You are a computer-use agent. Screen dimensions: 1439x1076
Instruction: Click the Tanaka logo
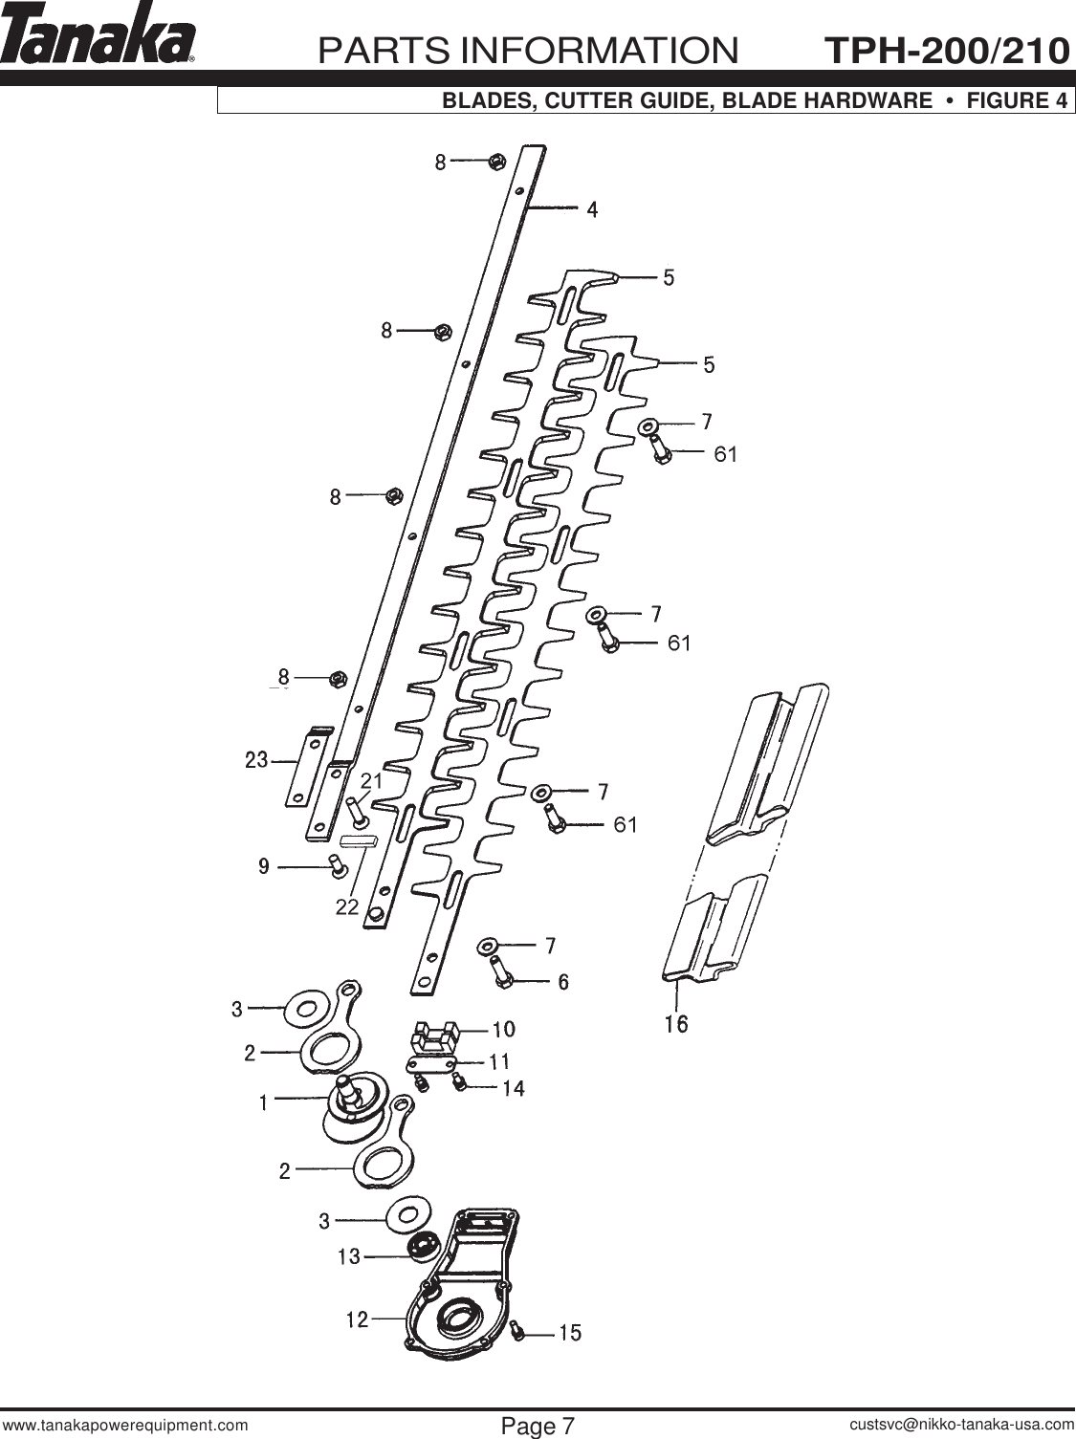[x=99, y=40]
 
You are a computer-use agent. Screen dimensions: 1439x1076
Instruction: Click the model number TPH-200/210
[x=946, y=50]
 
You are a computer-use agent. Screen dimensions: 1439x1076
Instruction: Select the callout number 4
[x=593, y=208]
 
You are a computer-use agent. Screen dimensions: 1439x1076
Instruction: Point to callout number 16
[x=675, y=1024]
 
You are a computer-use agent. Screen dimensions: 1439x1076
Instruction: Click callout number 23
[x=256, y=761]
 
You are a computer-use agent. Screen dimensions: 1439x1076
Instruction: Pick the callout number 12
[x=357, y=1319]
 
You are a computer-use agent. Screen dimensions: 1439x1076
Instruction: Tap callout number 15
[x=570, y=1332]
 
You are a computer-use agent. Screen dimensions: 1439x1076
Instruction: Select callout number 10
[x=503, y=1029]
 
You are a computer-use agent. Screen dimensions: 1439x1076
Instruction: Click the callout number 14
[x=514, y=1088]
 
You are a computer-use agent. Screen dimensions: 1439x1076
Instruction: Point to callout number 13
[x=348, y=1256]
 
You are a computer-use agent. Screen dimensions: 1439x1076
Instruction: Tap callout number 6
[x=563, y=981]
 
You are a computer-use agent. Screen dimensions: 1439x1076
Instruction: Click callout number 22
[x=346, y=906]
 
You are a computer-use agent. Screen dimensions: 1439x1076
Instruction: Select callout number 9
[x=263, y=866]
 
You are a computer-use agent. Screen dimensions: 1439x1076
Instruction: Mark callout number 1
[x=263, y=1102]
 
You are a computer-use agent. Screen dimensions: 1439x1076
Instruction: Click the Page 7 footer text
[x=538, y=1426]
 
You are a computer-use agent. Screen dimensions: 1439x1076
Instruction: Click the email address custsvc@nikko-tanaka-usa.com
[x=962, y=1425]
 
